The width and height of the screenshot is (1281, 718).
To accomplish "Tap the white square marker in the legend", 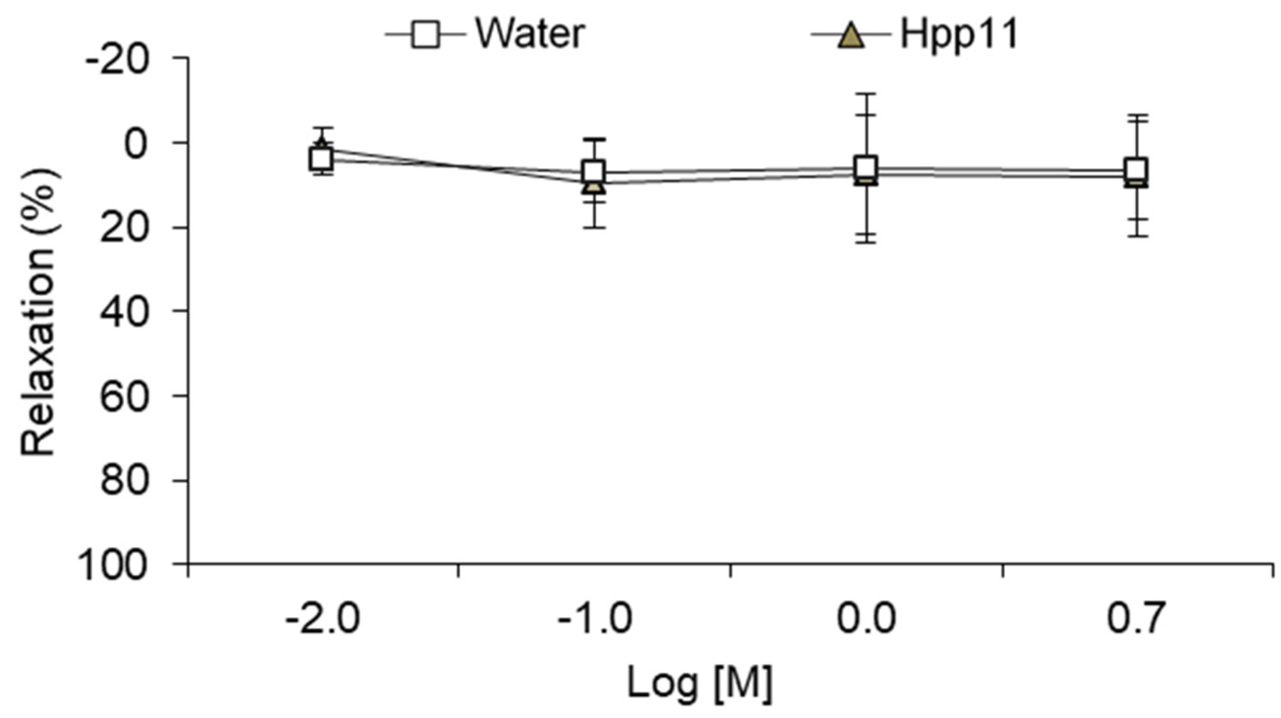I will click(426, 35).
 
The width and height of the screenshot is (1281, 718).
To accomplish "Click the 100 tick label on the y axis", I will click(113, 567).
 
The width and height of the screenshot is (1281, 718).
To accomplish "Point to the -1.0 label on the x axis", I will click(595, 620).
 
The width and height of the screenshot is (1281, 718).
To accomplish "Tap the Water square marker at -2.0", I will click(321, 159).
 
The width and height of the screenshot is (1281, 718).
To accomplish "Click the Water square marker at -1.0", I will click(593, 172).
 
